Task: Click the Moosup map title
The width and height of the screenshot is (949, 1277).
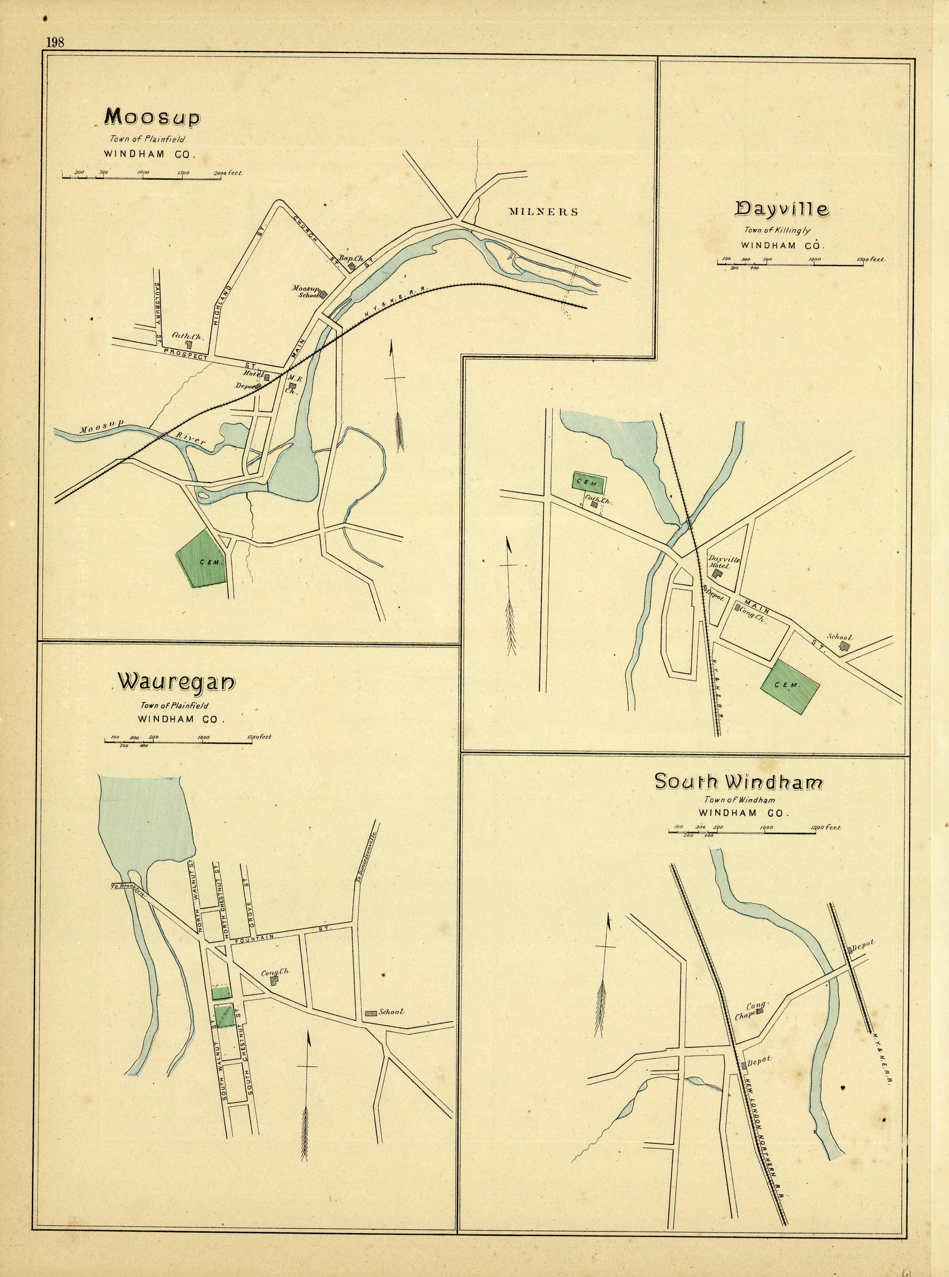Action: (152, 117)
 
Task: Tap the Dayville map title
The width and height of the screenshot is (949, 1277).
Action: (782, 209)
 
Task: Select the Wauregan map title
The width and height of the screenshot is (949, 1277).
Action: (177, 682)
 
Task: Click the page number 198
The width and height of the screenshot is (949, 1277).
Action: (56, 42)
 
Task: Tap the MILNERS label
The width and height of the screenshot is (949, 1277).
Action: (543, 212)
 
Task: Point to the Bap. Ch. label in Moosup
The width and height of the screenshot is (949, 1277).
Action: (350, 259)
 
